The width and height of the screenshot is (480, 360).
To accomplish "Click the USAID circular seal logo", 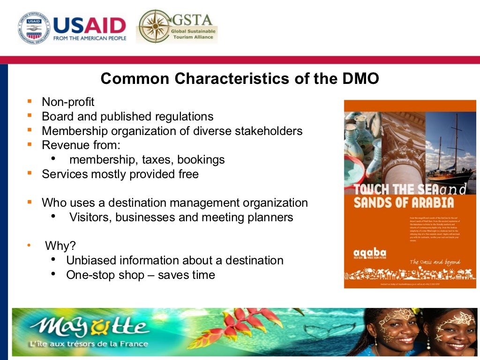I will click(34, 28).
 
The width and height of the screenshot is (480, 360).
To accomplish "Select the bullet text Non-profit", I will click(68, 102).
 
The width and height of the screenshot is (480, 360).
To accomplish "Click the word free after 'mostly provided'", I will click(187, 174).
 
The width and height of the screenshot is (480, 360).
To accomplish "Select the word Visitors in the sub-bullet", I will click(89, 217).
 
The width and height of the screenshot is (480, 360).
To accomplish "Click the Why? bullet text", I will click(60, 246).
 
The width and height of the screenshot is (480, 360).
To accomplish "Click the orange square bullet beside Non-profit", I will click(30, 101).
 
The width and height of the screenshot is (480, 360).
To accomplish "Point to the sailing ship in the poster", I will click(450, 155).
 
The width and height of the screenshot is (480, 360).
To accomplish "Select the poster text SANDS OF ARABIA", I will click(404, 202).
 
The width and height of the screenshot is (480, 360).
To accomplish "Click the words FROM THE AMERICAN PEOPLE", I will click(90, 38).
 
